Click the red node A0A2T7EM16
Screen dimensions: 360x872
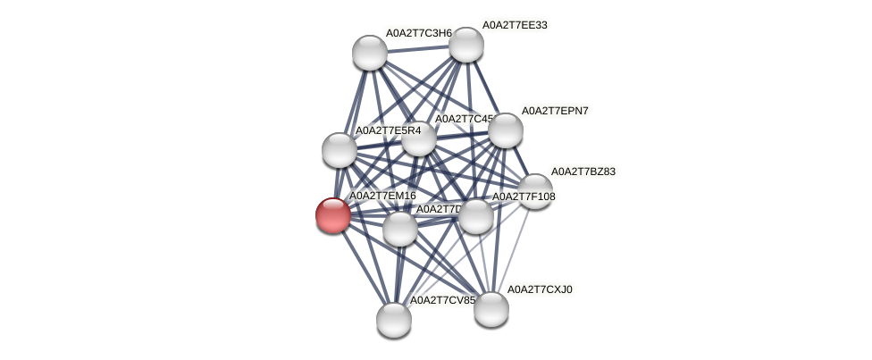pyautogui.click(x=333, y=215)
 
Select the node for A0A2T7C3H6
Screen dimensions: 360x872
pyautogui.click(x=369, y=53)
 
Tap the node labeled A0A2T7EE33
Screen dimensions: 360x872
pyautogui.click(x=465, y=45)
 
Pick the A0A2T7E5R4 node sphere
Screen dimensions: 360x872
pyautogui.click(x=340, y=149)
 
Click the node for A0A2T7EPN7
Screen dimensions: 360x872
pyautogui.click(x=505, y=130)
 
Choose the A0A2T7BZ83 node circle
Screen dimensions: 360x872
pyautogui.click(x=535, y=190)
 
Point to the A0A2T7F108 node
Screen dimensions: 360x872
pyautogui.click(x=475, y=216)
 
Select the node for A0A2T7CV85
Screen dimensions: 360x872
pyautogui.click(x=393, y=319)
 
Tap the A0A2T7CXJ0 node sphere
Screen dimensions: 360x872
pyautogui.click(x=490, y=309)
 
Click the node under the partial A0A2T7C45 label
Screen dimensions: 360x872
pyautogui.click(x=418, y=138)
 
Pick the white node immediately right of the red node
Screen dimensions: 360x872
pyautogui.click(x=399, y=229)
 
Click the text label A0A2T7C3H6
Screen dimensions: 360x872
pyautogui.click(x=419, y=33)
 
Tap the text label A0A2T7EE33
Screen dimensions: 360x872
pyautogui.click(x=515, y=25)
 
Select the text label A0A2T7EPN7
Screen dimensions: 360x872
pyautogui.click(x=555, y=111)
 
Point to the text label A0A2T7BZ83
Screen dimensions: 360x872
pyautogui.click(x=583, y=172)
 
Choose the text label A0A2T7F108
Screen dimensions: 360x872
pyautogui.click(x=524, y=197)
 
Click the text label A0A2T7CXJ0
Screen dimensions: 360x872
pyautogui.click(x=540, y=289)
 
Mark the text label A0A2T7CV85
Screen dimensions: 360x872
pyautogui.click(x=442, y=300)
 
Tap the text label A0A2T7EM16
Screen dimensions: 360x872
pyautogui.click(x=382, y=196)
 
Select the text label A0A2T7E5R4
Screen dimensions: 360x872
pyautogui.click(x=388, y=130)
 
